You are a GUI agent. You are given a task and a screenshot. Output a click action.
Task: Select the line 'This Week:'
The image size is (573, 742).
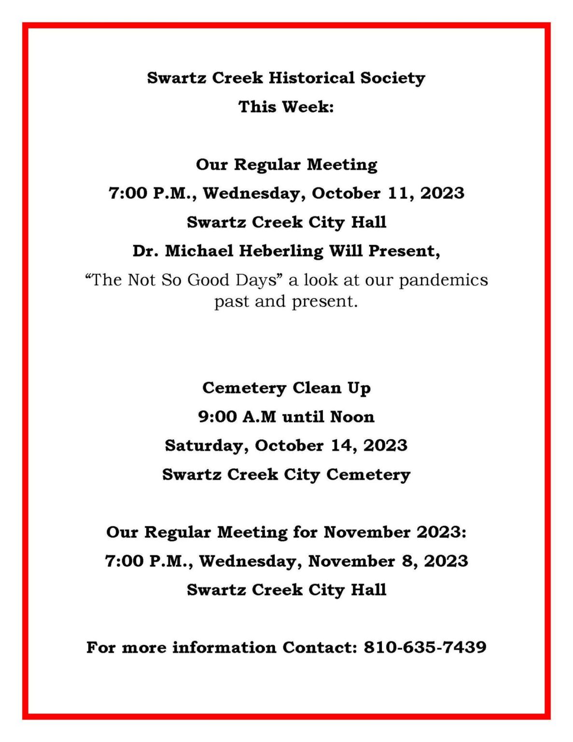tap(286, 107)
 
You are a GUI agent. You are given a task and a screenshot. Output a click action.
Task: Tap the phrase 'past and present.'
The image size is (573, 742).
tap(286, 301)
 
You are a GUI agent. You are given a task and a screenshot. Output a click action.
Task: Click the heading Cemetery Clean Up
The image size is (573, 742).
tap(286, 388)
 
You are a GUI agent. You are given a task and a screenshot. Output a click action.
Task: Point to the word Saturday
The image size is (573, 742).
tap(207, 445)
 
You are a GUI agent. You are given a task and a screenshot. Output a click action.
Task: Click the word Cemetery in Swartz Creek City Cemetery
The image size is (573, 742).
tap(368, 474)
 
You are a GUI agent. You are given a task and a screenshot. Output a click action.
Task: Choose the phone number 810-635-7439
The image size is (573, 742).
tap(425, 647)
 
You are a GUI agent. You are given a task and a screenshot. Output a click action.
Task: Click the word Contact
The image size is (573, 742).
tap(319, 647)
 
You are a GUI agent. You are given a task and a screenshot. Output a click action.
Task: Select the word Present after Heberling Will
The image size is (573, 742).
tap(403, 251)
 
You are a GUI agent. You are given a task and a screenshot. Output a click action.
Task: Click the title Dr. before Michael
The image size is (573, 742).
tap(145, 251)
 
